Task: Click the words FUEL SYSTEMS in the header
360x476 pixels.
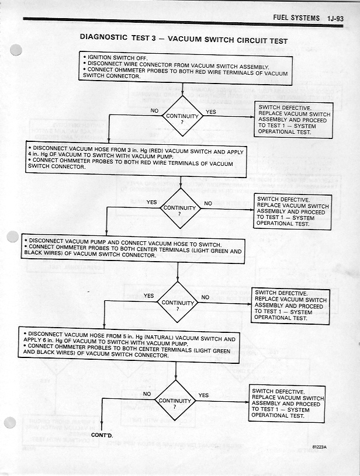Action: point(296,18)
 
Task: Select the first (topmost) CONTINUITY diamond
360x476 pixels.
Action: point(182,117)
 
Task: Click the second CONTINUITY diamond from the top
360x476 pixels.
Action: point(181,209)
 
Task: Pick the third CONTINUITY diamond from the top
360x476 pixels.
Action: point(177,303)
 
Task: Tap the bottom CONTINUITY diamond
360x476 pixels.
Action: point(175,401)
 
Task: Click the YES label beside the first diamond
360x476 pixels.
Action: point(211,112)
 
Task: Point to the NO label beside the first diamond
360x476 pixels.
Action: point(154,110)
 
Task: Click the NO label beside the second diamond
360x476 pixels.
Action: point(207,203)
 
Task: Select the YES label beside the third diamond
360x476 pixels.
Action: point(149,296)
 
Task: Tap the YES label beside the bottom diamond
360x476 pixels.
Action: point(203,395)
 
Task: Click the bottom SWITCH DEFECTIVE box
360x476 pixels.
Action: point(287,404)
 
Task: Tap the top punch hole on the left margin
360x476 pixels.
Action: point(16,50)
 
